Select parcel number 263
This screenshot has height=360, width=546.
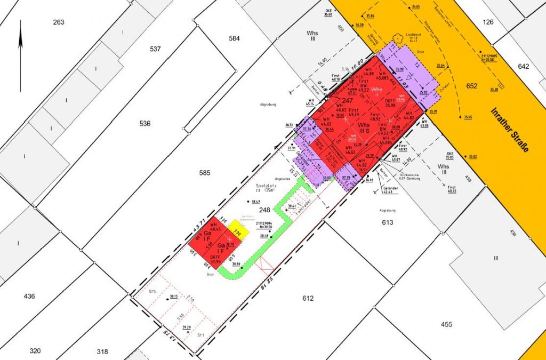(x=59, y=22)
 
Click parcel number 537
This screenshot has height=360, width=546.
(x=155, y=49)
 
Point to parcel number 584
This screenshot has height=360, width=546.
(x=234, y=38)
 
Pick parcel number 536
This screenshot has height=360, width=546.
(x=144, y=124)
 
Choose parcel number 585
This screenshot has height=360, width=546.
(x=205, y=173)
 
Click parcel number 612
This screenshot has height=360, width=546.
(x=308, y=298)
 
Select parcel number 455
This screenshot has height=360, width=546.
(x=446, y=324)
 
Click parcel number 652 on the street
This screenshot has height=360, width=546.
(x=472, y=86)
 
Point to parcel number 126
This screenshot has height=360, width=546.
(x=488, y=22)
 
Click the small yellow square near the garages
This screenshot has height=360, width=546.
(x=236, y=233)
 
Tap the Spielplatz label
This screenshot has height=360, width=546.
(x=262, y=184)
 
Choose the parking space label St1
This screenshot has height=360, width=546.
(x=200, y=335)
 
